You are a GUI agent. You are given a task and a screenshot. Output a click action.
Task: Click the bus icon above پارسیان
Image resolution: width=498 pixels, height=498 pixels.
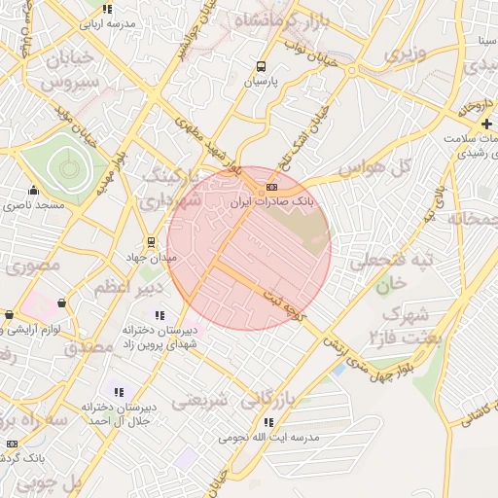261,67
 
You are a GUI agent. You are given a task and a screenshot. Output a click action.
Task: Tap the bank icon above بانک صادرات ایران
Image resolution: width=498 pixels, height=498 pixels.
271,187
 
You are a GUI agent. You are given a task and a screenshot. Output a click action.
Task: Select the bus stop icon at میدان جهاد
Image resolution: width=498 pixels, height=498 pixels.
151,242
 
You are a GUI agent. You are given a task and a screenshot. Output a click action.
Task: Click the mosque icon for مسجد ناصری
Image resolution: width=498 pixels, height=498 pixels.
34,190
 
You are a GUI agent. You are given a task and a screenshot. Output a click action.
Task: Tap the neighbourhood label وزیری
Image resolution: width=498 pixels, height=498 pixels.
405,54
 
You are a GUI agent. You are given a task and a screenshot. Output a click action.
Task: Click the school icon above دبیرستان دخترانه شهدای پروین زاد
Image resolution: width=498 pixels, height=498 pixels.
160,315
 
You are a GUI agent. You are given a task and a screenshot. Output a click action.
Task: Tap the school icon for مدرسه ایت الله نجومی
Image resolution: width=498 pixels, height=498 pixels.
267,422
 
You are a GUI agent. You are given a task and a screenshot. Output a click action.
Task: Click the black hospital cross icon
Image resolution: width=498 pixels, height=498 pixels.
486,124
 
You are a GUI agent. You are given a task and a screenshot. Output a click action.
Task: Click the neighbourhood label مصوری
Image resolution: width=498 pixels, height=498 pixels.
40,264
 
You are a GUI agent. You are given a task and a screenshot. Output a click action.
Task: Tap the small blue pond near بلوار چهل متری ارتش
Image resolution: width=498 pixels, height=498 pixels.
338,369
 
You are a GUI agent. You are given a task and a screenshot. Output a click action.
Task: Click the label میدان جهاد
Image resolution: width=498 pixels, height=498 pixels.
150,258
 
